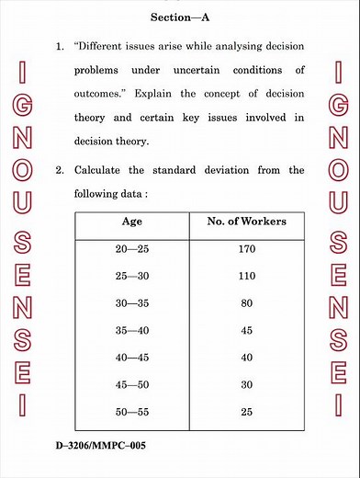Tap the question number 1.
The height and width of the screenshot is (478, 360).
pyautogui.click(x=59, y=45)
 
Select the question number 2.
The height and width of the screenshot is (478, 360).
pyautogui.click(x=59, y=170)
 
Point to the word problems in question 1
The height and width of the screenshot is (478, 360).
pyautogui.click(x=102, y=70)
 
